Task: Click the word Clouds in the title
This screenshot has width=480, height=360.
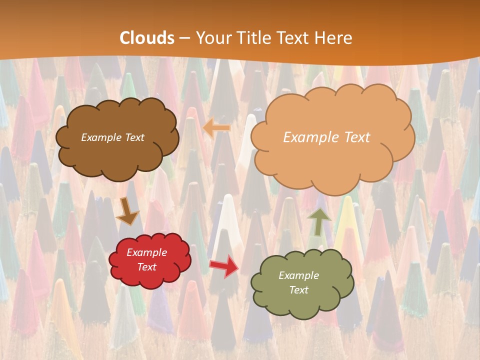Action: (x=147, y=38)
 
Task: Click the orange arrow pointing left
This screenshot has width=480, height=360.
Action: (x=217, y=128)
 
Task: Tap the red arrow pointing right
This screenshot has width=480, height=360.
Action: (x=223, y=265)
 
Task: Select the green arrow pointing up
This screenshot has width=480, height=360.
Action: (x=319, y=221)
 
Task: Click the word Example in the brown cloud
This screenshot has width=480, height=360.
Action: (x=101, y=137)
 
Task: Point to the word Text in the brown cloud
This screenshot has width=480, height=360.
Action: (x=134, y=137)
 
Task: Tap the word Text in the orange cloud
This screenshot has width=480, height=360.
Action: (x=357, y=137)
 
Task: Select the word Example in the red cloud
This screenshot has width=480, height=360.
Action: (x=147, y=253)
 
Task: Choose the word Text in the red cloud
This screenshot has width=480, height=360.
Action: (x=147, y=267)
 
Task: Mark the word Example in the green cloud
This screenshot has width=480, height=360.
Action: (x=298, y=275)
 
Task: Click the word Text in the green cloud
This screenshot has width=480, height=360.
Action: (x=298, y=290)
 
